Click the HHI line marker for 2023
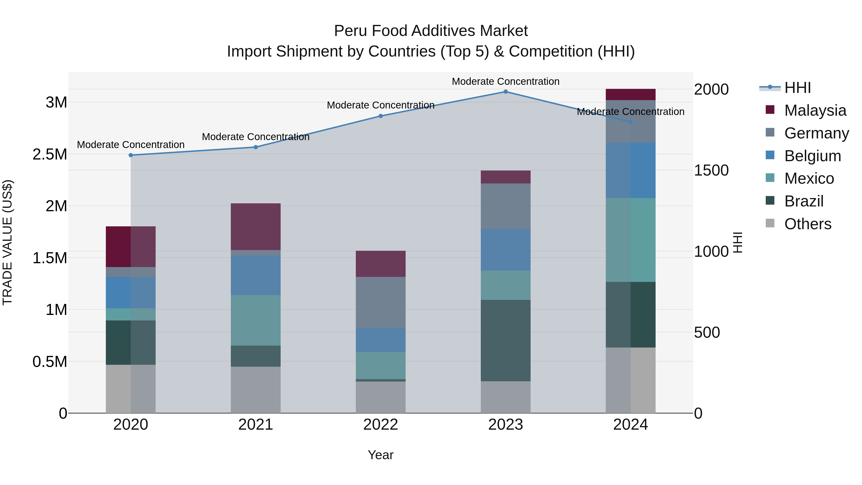(x=506, y=92)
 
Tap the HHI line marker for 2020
(x=131, y=155)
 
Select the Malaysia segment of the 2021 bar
(x=256, y=227)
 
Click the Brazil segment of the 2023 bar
(x=506, y=340)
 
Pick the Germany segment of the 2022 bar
(x=380, y=302)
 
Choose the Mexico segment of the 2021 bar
(x=256, y=320)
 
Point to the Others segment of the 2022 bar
(x=380, y=397)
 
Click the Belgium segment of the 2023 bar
(x=506, y=250)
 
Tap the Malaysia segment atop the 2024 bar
(x=630, y=95)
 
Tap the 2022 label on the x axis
(x=380, y=425)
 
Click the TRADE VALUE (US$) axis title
(x=7, y=242)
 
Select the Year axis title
(x=380, y=455)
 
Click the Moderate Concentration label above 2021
(x=256, y=137)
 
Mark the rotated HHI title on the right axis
(x=737, y=242)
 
